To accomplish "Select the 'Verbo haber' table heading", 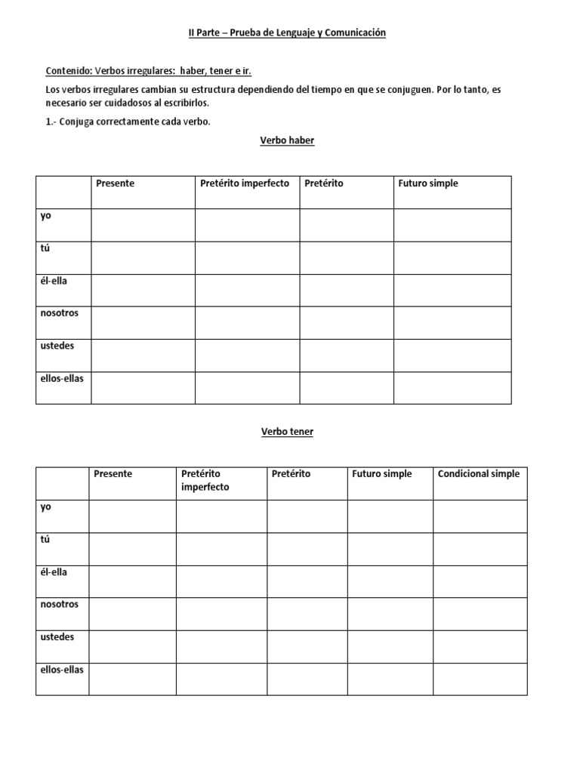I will click(287, 140).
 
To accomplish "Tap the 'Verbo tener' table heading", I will click(287, 432).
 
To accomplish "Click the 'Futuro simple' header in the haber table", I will click(427, 183).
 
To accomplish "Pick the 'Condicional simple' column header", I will click(479, 474).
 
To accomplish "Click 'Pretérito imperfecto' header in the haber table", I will click(245, 183).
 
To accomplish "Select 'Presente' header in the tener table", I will click(113, 474).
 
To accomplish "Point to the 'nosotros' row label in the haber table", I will click(60, 313).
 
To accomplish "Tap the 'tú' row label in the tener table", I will click(45, 540).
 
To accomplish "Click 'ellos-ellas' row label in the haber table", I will click(62, 378).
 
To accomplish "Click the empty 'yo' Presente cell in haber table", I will click(143, 225).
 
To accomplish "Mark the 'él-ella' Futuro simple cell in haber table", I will click(452, 290).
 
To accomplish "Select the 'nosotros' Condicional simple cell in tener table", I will click(480, 614).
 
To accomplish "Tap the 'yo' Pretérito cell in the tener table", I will click(307, 516).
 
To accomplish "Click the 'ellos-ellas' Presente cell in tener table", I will click(132, 679).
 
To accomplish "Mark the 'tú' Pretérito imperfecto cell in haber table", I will click(247, 257).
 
